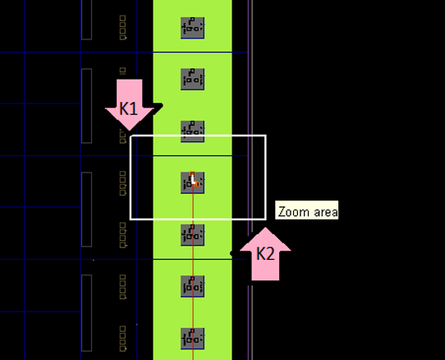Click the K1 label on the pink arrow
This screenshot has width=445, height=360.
(x=129, y=108)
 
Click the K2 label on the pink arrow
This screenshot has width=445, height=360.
(x=264, y=254)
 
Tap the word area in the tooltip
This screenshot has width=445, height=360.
(x=323, y=211)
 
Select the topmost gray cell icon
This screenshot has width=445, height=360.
(x=193, y=27)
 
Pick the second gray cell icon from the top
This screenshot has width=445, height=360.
(x=193, y=79)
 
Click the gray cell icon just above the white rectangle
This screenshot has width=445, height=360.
(x=193, y=131)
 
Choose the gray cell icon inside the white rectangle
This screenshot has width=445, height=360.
(x=193, y=182)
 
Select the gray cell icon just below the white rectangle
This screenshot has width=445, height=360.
(x=193, y=234)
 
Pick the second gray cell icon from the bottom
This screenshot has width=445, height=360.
(x=193, y=286)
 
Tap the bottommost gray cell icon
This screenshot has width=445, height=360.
(x=193, y=338)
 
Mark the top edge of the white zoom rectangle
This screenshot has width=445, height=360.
(x=197, y=136)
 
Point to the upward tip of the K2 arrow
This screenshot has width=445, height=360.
(x=264, y=228)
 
